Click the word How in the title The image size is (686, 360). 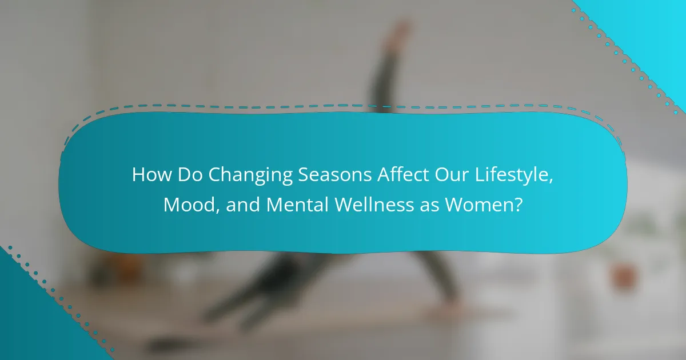pos(151,174)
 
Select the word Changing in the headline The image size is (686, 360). pos(250,176)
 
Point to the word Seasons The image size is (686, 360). pos(335,174)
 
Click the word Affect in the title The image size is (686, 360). pos(402,174)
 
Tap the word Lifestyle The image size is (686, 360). pos(512,175)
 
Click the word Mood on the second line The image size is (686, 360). pos(189,205)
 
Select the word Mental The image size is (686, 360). pos(298,205)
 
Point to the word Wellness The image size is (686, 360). pos(374,205)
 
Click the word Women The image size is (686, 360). pos(480,205)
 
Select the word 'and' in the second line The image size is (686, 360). pos(243,205)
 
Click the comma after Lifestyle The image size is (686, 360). pos(551,181)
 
